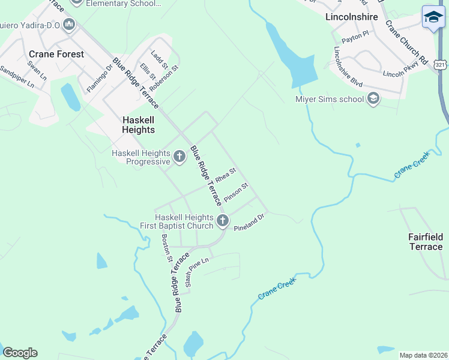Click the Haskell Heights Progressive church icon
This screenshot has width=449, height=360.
(179, 157)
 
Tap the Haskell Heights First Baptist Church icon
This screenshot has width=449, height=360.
(223, 221)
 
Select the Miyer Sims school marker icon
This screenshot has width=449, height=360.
(373, 99)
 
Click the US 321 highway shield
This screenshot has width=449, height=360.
(441, 64)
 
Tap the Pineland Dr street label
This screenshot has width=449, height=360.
(249, 224)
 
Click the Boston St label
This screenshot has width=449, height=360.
(167, 248)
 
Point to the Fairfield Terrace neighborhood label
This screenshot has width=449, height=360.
(426, 242)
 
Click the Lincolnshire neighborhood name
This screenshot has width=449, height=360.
(352, 17)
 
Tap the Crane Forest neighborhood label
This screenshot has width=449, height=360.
(56, 54)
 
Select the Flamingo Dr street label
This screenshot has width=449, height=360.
(100, 76)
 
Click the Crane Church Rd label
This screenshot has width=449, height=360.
(406, 43)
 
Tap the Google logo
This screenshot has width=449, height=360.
(20, 353)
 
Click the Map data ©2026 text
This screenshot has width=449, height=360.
(424, 355)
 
